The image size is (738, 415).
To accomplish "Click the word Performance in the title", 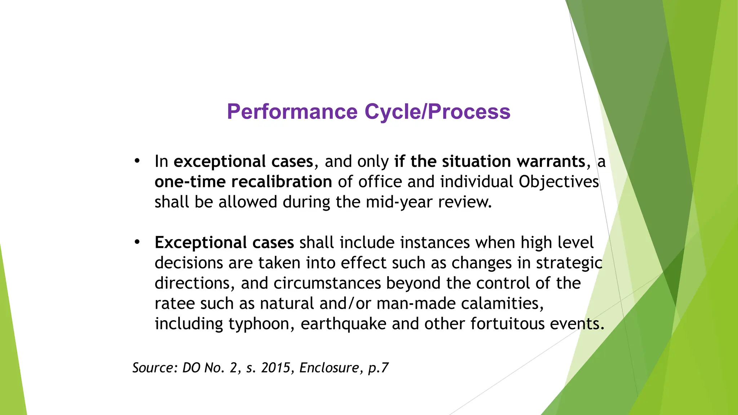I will tap(292, 111).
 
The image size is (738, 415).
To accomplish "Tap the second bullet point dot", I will tap(137, 242).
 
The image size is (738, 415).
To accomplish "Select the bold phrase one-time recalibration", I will tap(243, 182).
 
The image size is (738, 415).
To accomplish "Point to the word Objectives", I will tap(559, 182).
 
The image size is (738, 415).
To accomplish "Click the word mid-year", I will tap(399, 202).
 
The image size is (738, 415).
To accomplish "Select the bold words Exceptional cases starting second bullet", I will tap(224, 242).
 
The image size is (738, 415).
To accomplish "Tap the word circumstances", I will tap(327, 283).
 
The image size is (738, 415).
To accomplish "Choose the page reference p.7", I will tap(378, 368).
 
